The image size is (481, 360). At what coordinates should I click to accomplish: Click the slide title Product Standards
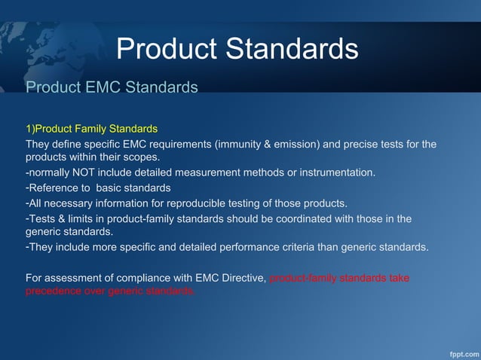tap(237, 49)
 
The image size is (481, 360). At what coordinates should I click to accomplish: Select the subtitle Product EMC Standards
tap(112, 87)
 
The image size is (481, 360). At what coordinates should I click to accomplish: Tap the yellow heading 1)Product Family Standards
tap(91, 128)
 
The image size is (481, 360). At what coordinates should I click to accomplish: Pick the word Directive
tap(240, 278)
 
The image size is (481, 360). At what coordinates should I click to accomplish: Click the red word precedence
tap(54, 291)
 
